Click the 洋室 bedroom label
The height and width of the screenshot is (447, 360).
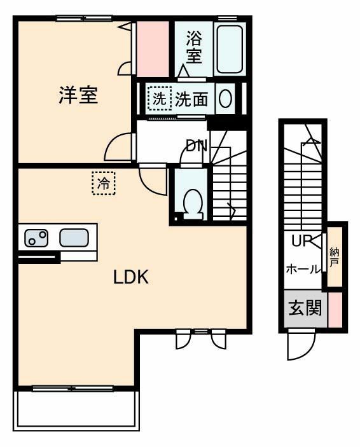pos(78,95)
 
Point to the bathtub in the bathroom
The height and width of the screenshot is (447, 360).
pos(229,48)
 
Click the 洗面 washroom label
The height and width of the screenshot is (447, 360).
pos(191,99)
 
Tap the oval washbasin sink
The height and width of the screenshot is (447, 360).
pos(225,99)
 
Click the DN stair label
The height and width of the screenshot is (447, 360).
pos(197,146)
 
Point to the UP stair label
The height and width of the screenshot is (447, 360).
pos(301,241)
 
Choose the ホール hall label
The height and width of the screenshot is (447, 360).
pos(303,269)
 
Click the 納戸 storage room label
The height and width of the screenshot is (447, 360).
pos(335,258)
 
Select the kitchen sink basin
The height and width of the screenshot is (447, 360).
pos(74,238)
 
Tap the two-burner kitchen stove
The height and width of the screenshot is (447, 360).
pos(36,238)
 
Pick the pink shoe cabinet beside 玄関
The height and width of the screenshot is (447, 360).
pos(335,310)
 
